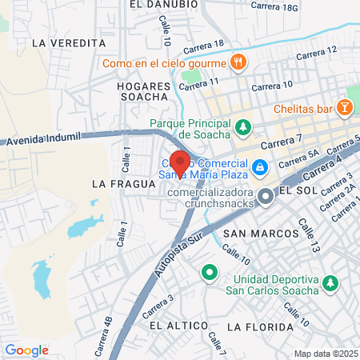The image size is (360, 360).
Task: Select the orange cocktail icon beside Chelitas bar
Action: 343,107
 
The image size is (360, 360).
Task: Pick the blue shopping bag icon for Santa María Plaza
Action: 259,167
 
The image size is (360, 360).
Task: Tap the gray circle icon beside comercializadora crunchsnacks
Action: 265,197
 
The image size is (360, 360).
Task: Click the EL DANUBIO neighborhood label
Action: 162,4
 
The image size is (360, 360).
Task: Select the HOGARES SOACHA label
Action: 144,91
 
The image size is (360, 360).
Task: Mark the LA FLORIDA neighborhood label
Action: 257,326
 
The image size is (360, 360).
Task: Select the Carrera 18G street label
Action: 274,6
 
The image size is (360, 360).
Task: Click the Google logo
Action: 26,350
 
